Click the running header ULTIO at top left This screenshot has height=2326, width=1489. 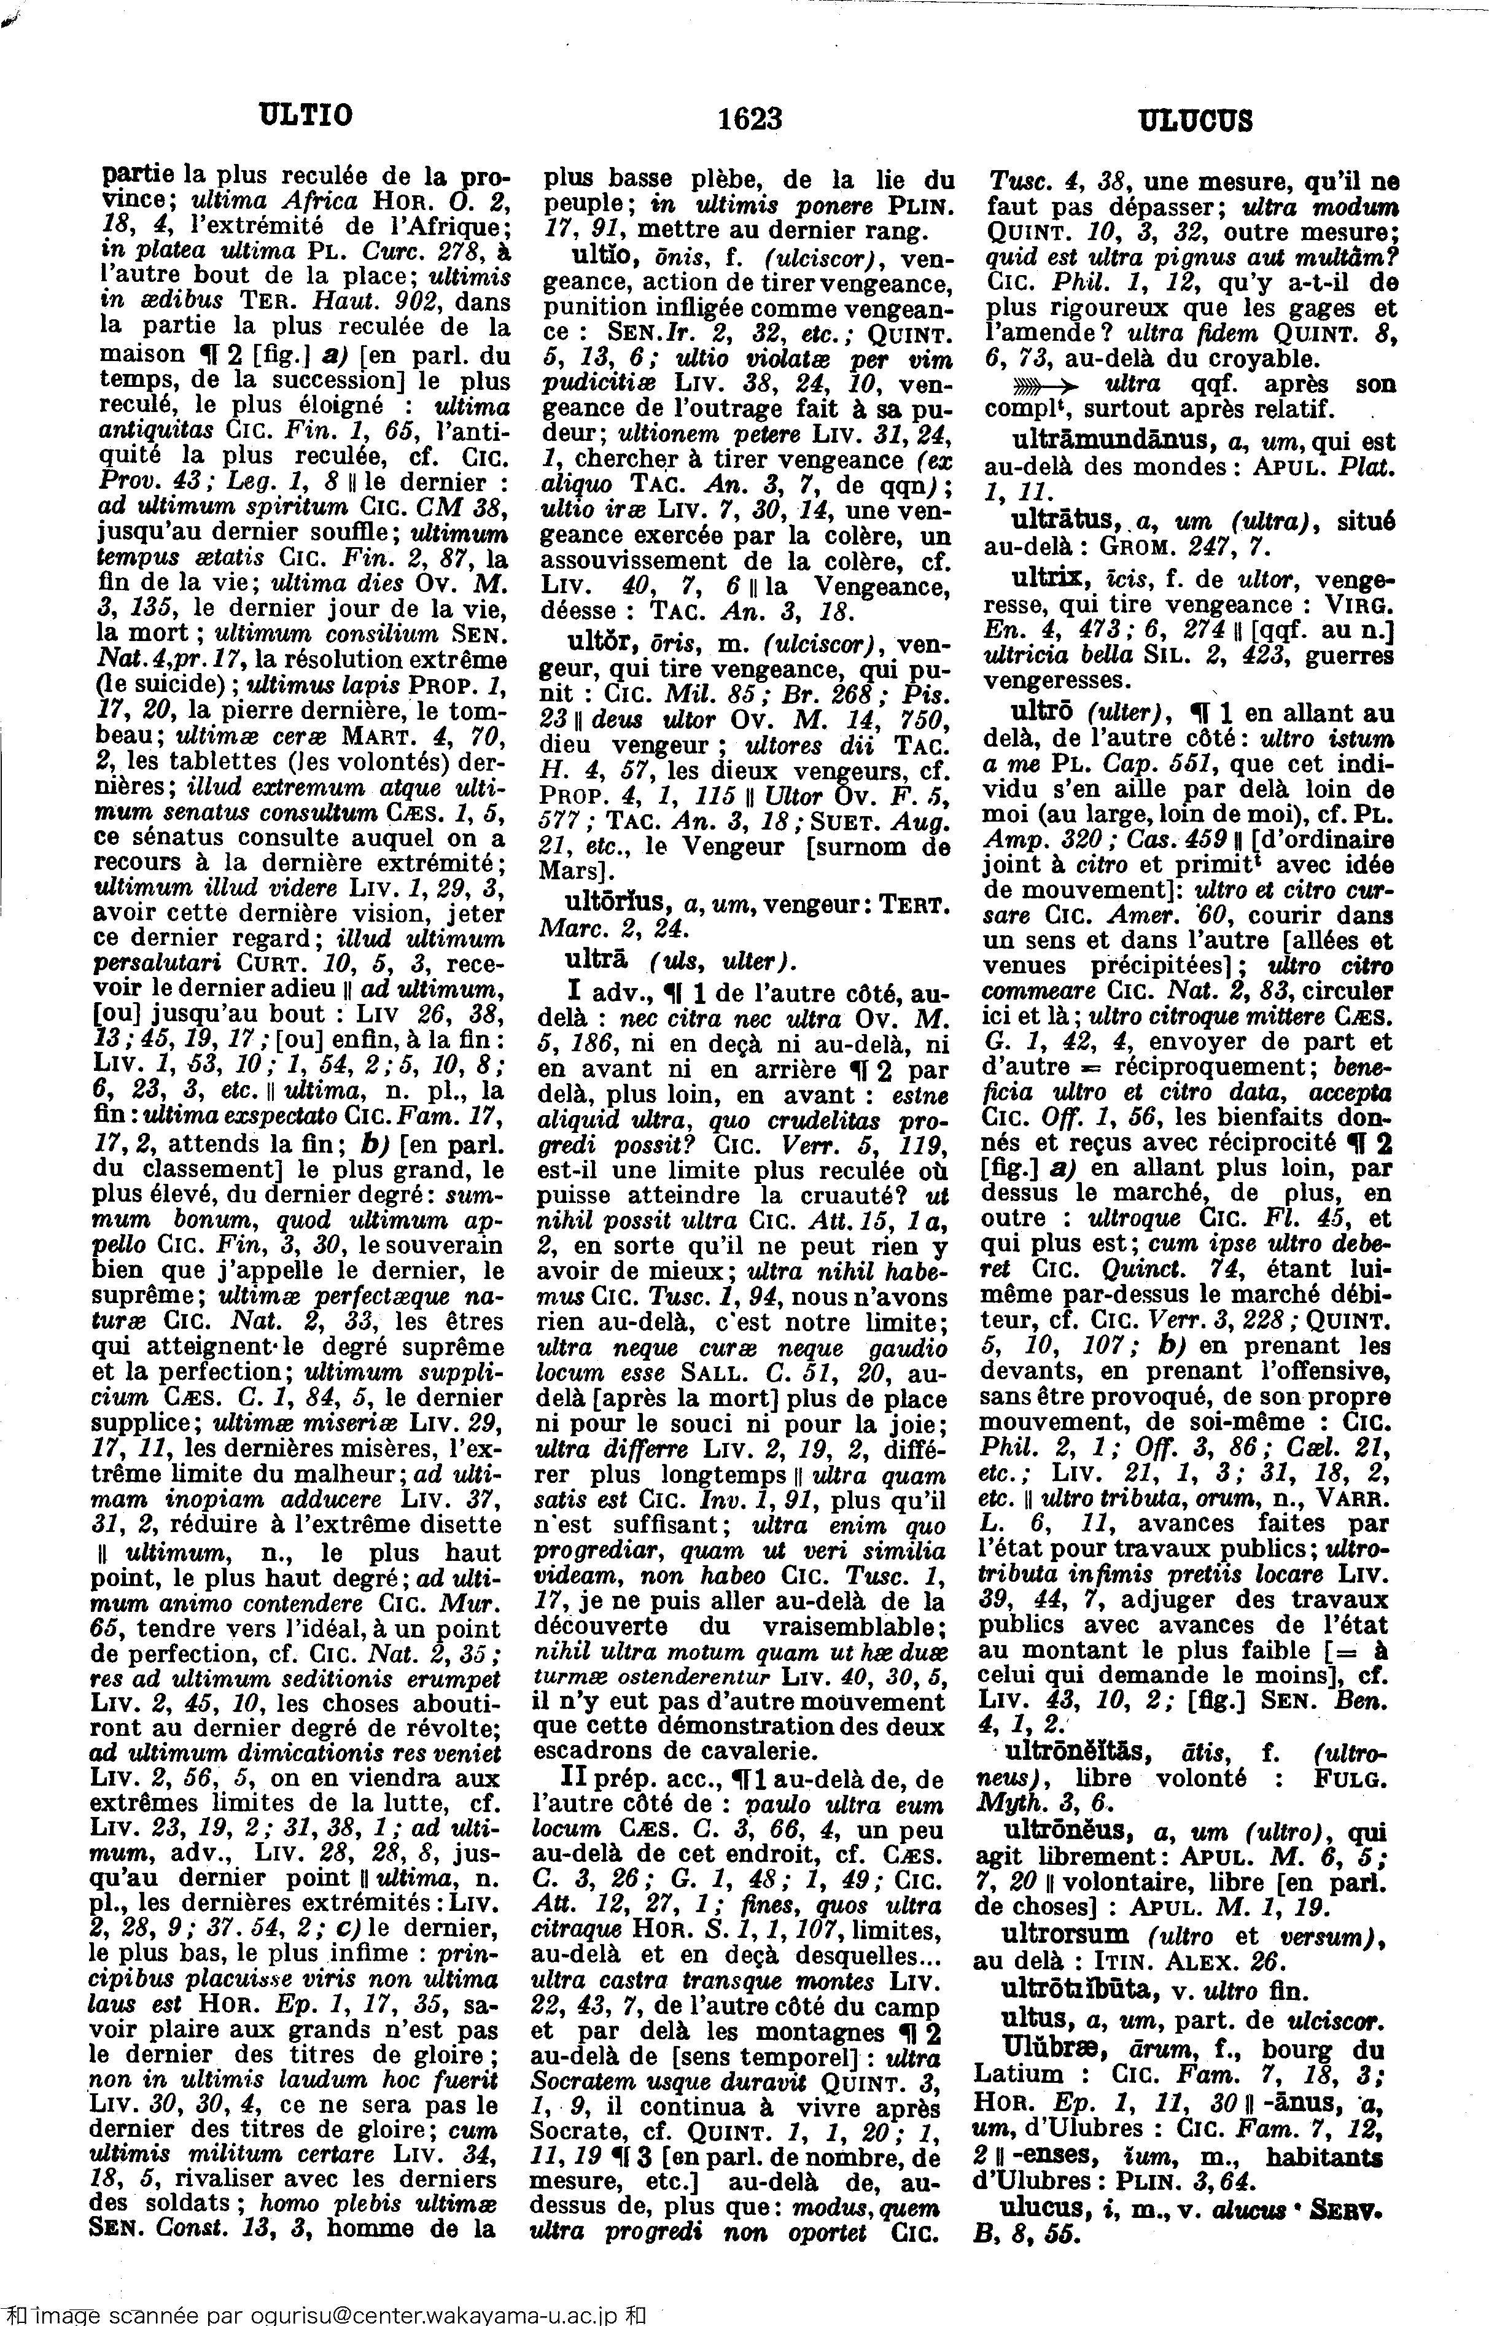tap(305, 116)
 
